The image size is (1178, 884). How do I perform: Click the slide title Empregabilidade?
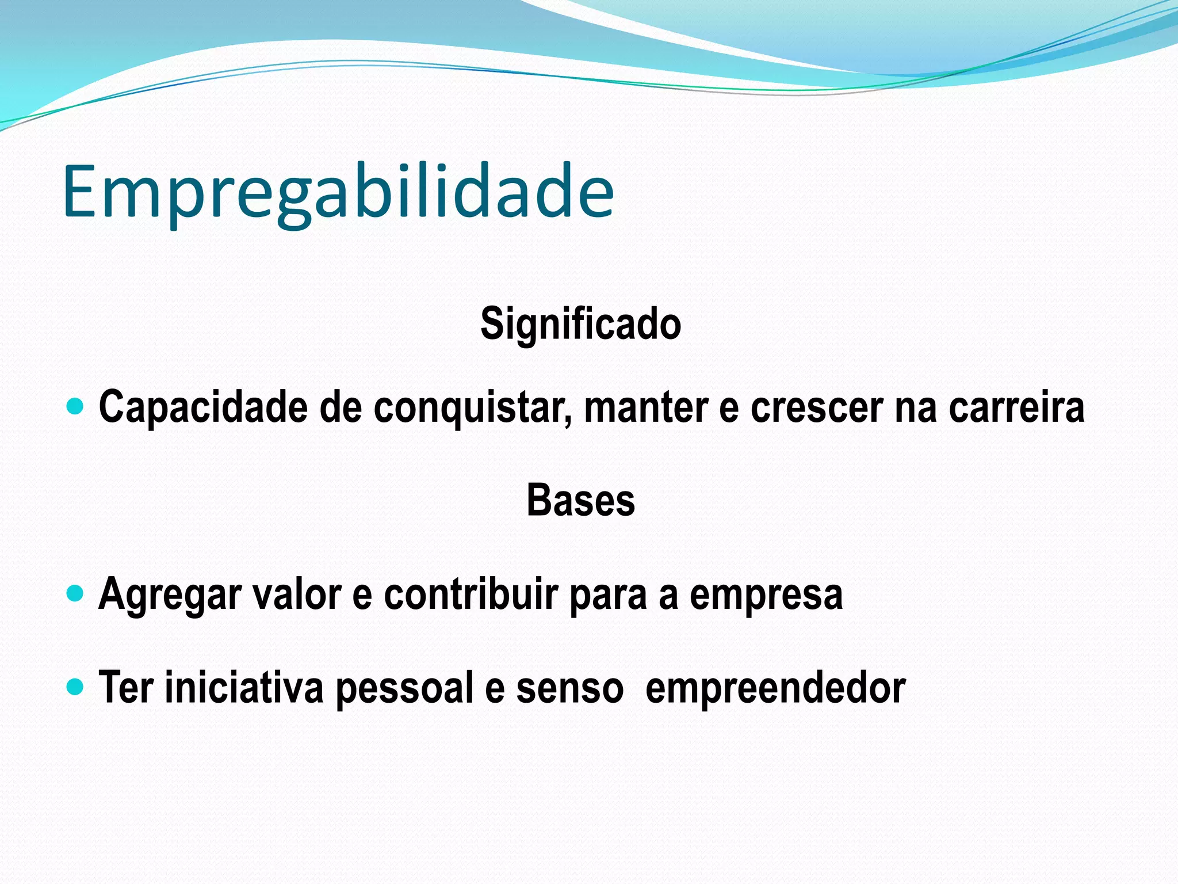(338, 192)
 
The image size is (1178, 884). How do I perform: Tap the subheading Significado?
(580, 324)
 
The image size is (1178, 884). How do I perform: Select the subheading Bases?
(580, 500)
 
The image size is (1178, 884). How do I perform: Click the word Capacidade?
(203, 407)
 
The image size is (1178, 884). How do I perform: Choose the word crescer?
(817, 407)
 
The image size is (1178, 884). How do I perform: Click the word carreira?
(1016, 407)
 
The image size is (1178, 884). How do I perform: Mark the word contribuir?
(471, 595)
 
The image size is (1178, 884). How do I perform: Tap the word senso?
(569, 688)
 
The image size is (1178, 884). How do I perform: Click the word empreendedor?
(775, 688)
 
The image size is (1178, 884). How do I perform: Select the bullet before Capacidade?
(75, 407)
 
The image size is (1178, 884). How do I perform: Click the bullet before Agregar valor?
(75, 593)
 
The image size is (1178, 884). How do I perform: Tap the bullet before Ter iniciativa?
(75, 686)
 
